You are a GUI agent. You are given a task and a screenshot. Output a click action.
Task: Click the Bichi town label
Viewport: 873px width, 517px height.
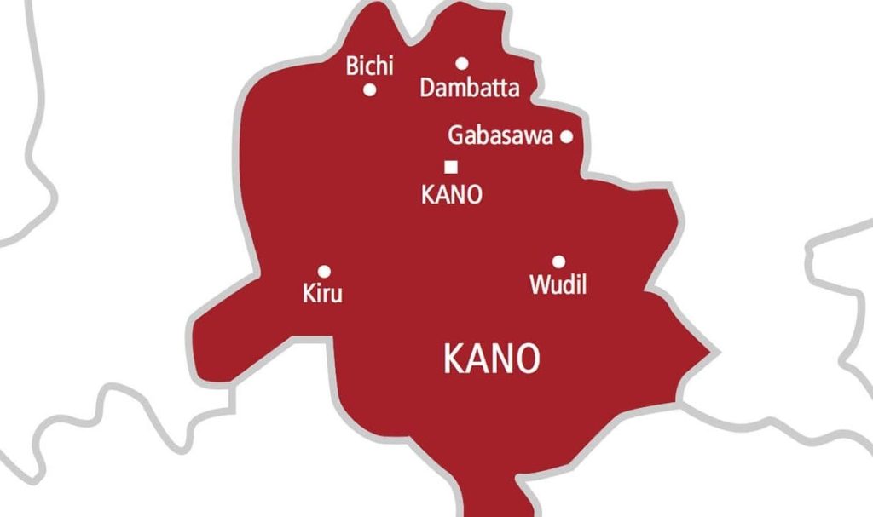369,66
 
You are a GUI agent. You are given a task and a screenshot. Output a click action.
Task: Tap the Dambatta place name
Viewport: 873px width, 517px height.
469,88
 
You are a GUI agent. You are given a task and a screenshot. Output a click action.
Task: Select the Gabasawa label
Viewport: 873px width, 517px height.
500,135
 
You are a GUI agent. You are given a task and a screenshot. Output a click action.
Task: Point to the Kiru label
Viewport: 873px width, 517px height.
322,295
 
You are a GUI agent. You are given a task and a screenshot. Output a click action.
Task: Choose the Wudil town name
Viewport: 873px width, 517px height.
558,284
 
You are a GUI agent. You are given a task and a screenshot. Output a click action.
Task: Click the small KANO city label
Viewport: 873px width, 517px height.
451,194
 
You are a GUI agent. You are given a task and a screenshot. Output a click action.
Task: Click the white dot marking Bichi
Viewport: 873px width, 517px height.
370,89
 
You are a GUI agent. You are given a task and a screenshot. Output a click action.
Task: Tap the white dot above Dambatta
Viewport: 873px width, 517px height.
461,62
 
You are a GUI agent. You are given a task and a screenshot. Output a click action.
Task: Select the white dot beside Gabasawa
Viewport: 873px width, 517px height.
566,136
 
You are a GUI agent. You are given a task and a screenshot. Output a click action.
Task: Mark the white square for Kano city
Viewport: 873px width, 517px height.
450,167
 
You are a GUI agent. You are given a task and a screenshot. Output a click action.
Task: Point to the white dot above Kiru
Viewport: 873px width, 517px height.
323,270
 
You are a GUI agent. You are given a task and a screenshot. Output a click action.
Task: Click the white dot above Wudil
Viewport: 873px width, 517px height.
558,261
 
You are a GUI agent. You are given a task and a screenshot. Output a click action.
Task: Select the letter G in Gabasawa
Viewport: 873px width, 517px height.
456,135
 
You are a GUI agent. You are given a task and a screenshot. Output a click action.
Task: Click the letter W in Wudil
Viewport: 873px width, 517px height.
541,284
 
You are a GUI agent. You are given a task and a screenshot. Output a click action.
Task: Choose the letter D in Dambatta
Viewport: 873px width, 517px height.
428,88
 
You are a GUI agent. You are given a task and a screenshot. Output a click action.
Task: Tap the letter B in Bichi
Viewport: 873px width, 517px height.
352,66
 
